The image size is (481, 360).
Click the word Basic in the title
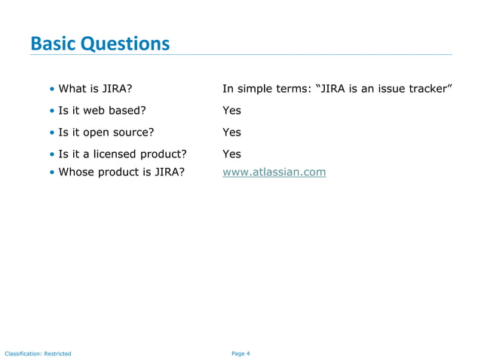coord(53,44)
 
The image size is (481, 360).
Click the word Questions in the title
coord(125,44)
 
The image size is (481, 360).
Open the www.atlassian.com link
coord(274,172)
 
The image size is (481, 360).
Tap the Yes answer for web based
coord(231,111)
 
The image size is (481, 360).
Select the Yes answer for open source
coord(231,133)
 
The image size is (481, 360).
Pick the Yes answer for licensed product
coord(231,154)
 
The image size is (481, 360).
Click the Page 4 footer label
coord(240,353)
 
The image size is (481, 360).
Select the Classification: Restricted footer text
coord(38,353)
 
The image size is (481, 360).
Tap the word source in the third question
coord(127,133)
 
